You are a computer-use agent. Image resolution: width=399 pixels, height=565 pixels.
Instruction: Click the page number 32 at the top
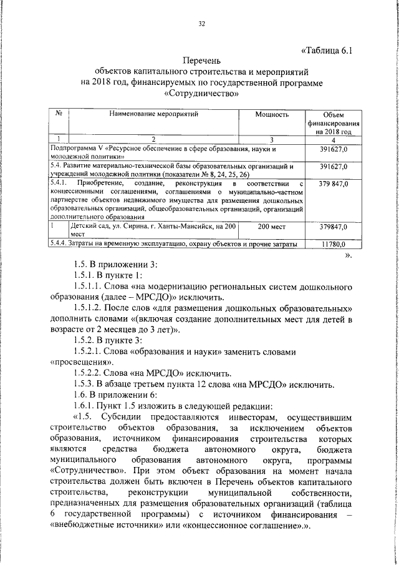click(201, 24)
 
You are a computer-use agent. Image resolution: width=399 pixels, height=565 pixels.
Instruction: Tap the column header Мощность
click(272, 115)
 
